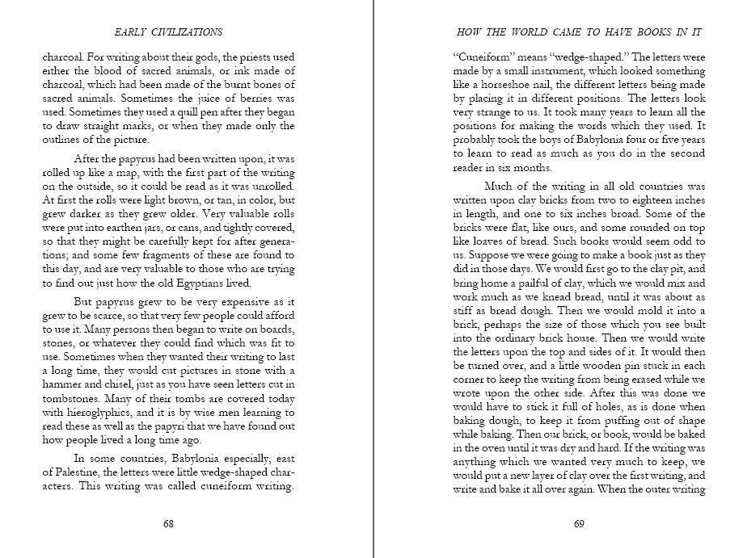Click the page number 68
(168, 523)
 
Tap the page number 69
(579, 523)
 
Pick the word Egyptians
(216, 283)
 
